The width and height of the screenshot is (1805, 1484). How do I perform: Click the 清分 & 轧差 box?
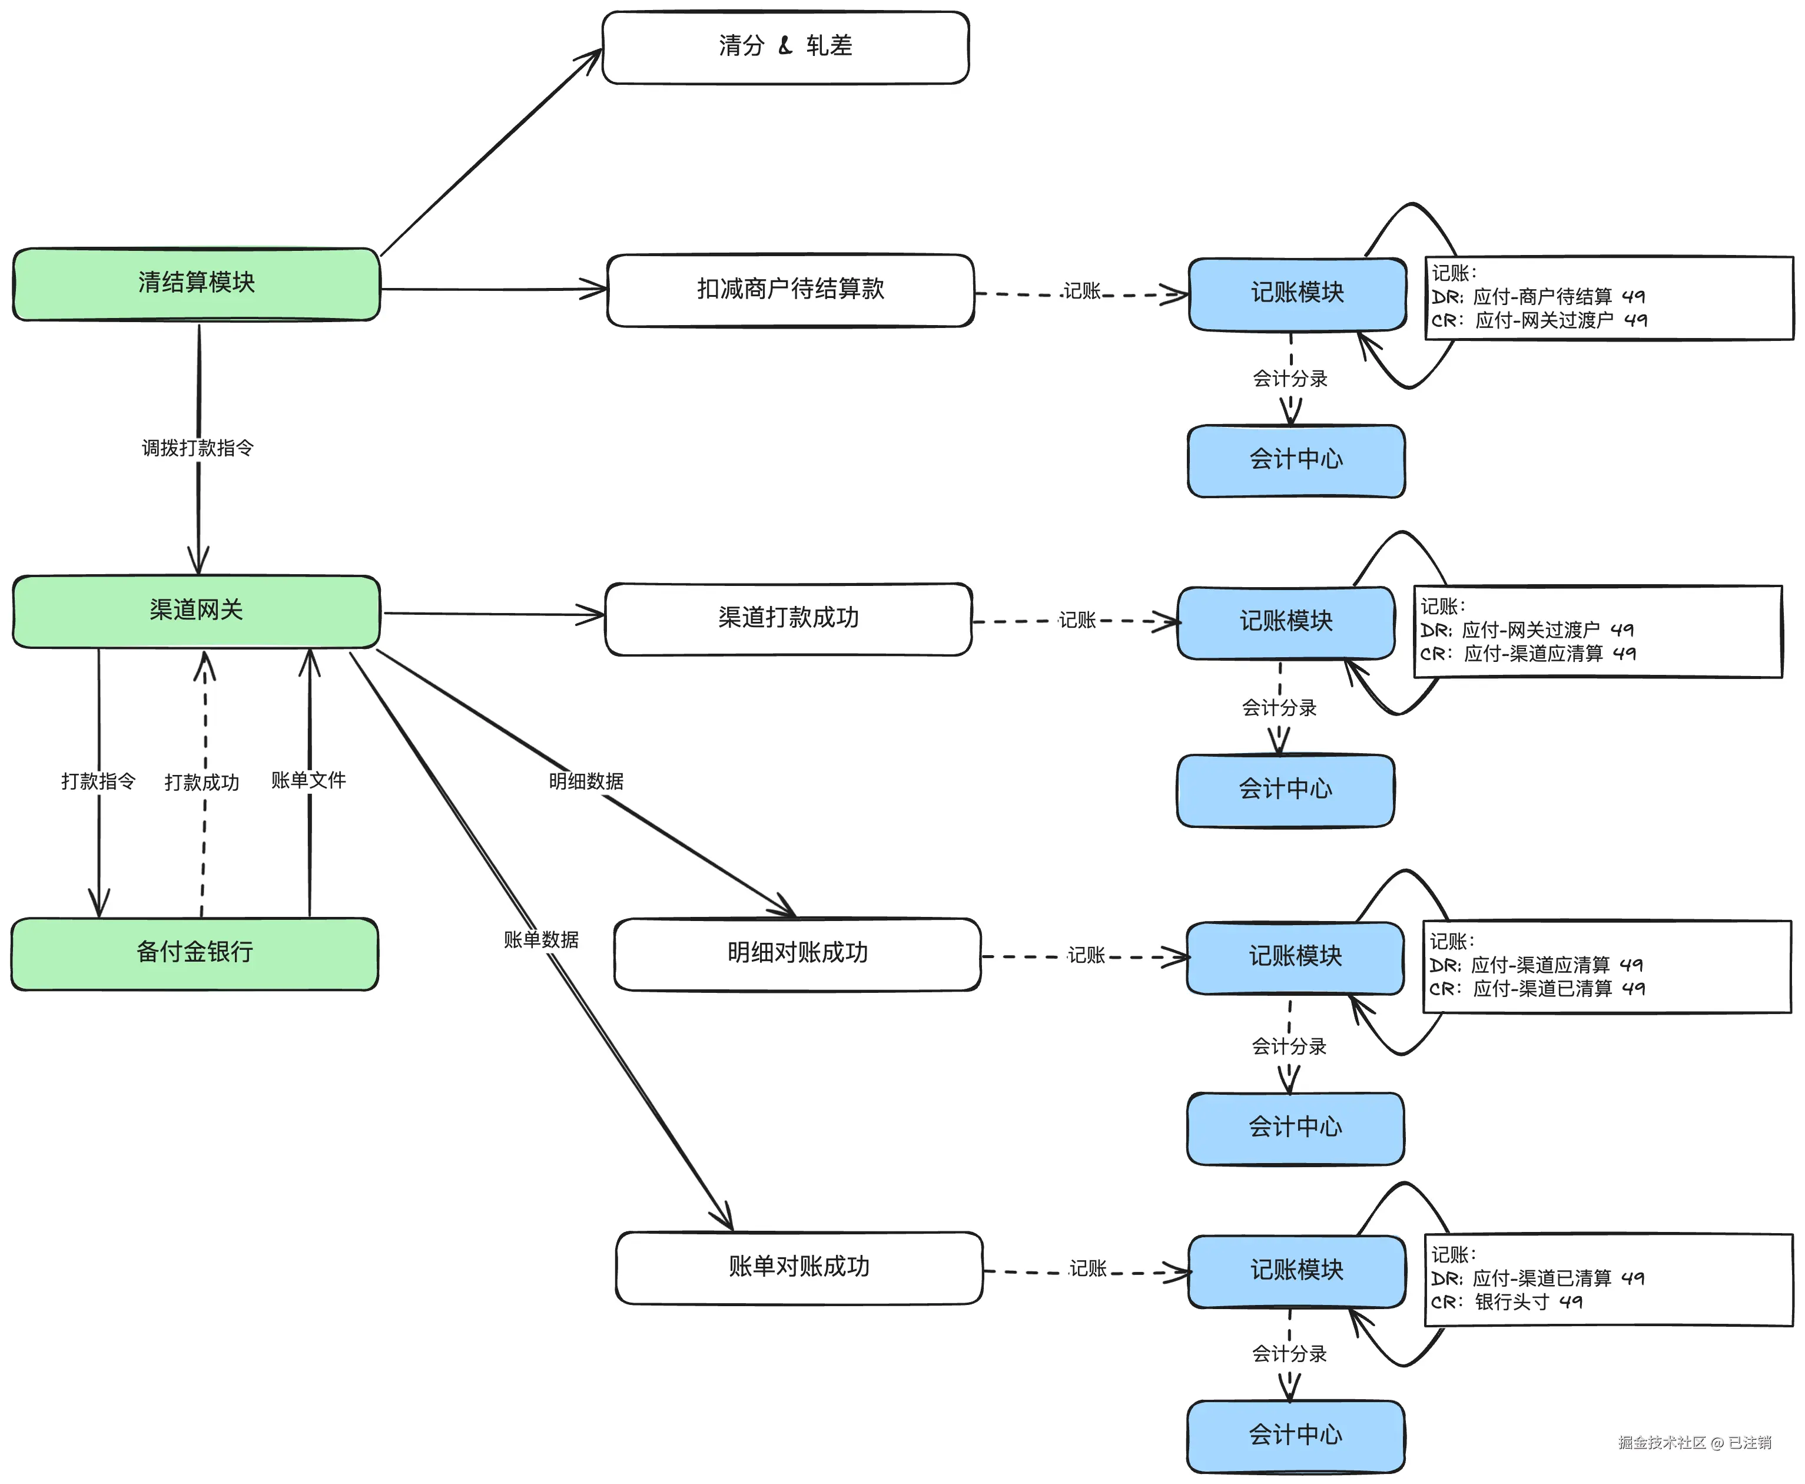785,47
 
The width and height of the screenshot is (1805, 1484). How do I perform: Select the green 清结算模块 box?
197,284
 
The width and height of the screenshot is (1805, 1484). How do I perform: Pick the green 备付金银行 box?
195,953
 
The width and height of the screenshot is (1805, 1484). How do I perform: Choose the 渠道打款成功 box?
788,618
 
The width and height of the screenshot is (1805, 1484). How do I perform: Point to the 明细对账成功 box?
797,953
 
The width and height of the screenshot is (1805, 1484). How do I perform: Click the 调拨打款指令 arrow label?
197,448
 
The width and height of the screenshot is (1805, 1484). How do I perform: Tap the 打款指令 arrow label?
98,781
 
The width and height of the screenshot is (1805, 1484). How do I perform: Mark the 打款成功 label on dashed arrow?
202,782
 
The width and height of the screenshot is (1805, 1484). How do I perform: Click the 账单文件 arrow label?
308,780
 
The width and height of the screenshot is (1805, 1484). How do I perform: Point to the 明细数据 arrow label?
586,780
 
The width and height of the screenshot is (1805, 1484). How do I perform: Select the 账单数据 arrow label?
541,939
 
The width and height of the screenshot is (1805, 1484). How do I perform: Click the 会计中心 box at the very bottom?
1296,1435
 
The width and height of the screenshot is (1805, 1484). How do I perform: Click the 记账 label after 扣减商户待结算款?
1082,291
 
